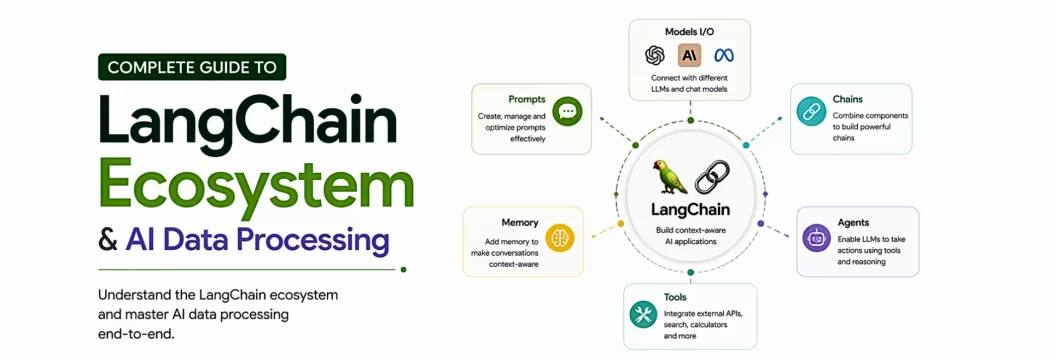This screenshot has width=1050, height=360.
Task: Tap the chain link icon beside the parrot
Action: click(x=713, y=178)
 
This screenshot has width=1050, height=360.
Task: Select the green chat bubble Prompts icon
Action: click(x=567, y=110)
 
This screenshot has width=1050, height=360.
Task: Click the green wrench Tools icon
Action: click(x=642, y=314)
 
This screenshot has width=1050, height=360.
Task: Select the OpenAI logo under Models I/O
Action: click(x=655, y=55)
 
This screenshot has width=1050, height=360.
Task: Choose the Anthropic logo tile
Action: click(x=690, y=55)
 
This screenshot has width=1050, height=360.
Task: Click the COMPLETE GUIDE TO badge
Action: click(x=192, y=67)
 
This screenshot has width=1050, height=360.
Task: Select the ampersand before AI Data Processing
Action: click(x=108, y=240)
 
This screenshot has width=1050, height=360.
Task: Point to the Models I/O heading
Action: click(x=689, y=31)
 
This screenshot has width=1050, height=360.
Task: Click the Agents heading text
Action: click(x=853, y=222)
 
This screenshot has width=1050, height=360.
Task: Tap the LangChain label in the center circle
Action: click(x=690, y=210)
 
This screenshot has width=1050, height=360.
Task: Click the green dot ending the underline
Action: click(x=403, y=269)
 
